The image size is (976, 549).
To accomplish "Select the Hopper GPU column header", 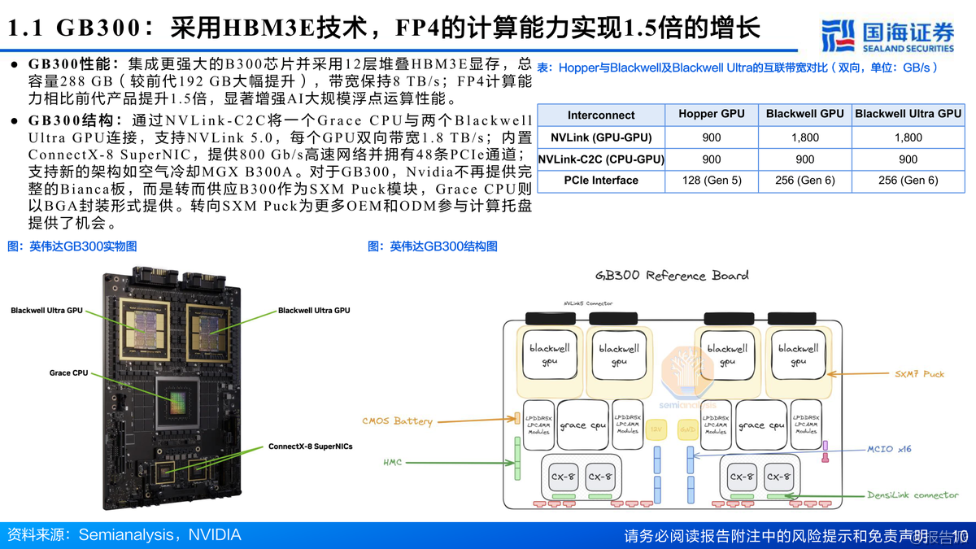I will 711,115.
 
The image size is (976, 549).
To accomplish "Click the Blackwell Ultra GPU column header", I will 908,115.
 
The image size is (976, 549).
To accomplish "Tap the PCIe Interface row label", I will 602,181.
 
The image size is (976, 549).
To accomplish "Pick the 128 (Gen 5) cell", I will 711,181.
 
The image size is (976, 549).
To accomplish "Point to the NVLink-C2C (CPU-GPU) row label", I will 601,159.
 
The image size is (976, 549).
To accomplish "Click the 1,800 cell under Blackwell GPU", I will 804,138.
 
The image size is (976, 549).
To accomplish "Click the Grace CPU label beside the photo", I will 68,373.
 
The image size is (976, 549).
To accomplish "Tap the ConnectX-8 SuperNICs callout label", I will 310,447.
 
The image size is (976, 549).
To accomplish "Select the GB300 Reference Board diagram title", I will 672,276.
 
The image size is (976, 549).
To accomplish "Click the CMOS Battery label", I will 397,421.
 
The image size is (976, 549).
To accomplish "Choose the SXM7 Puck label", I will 919,374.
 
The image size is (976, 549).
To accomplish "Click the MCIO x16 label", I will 890,448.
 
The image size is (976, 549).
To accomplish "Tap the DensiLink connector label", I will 913,495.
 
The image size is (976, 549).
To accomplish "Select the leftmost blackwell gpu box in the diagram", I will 550,355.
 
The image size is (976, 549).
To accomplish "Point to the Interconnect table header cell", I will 601,115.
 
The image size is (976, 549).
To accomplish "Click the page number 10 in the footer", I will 959,536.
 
